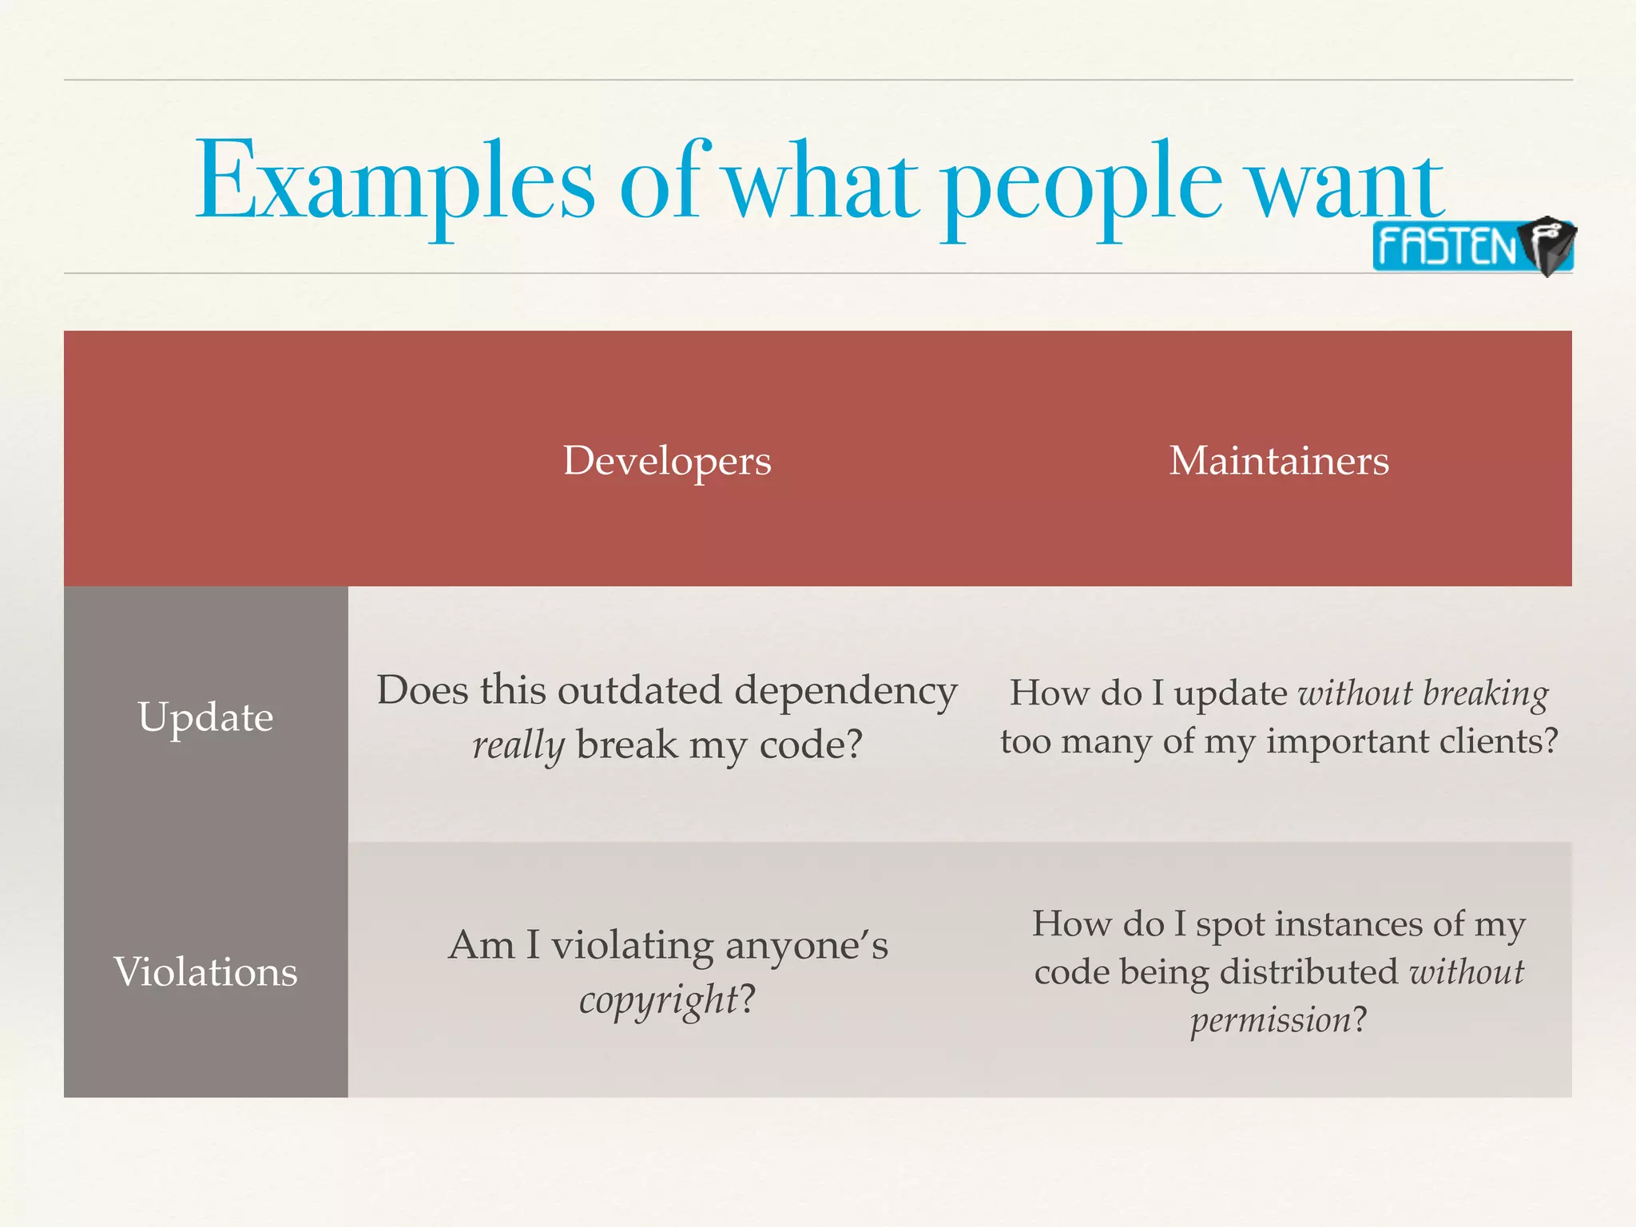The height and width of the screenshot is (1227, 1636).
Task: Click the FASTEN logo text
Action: tap(1446, 247)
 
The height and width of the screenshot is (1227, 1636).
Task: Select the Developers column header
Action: tap(667, 461)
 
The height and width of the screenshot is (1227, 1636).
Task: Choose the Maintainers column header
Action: tap(1279, 461)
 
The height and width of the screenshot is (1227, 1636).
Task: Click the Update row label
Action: tap(205, 717)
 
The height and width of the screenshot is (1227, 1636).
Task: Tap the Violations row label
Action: tap(205, 972)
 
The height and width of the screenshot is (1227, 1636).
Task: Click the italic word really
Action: tap(518, 745)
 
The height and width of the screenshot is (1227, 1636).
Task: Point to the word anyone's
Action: tap(807, 946)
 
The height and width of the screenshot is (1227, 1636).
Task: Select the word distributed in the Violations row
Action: tap(1308, 972)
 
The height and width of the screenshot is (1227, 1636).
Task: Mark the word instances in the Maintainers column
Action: tap(1348, 924)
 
